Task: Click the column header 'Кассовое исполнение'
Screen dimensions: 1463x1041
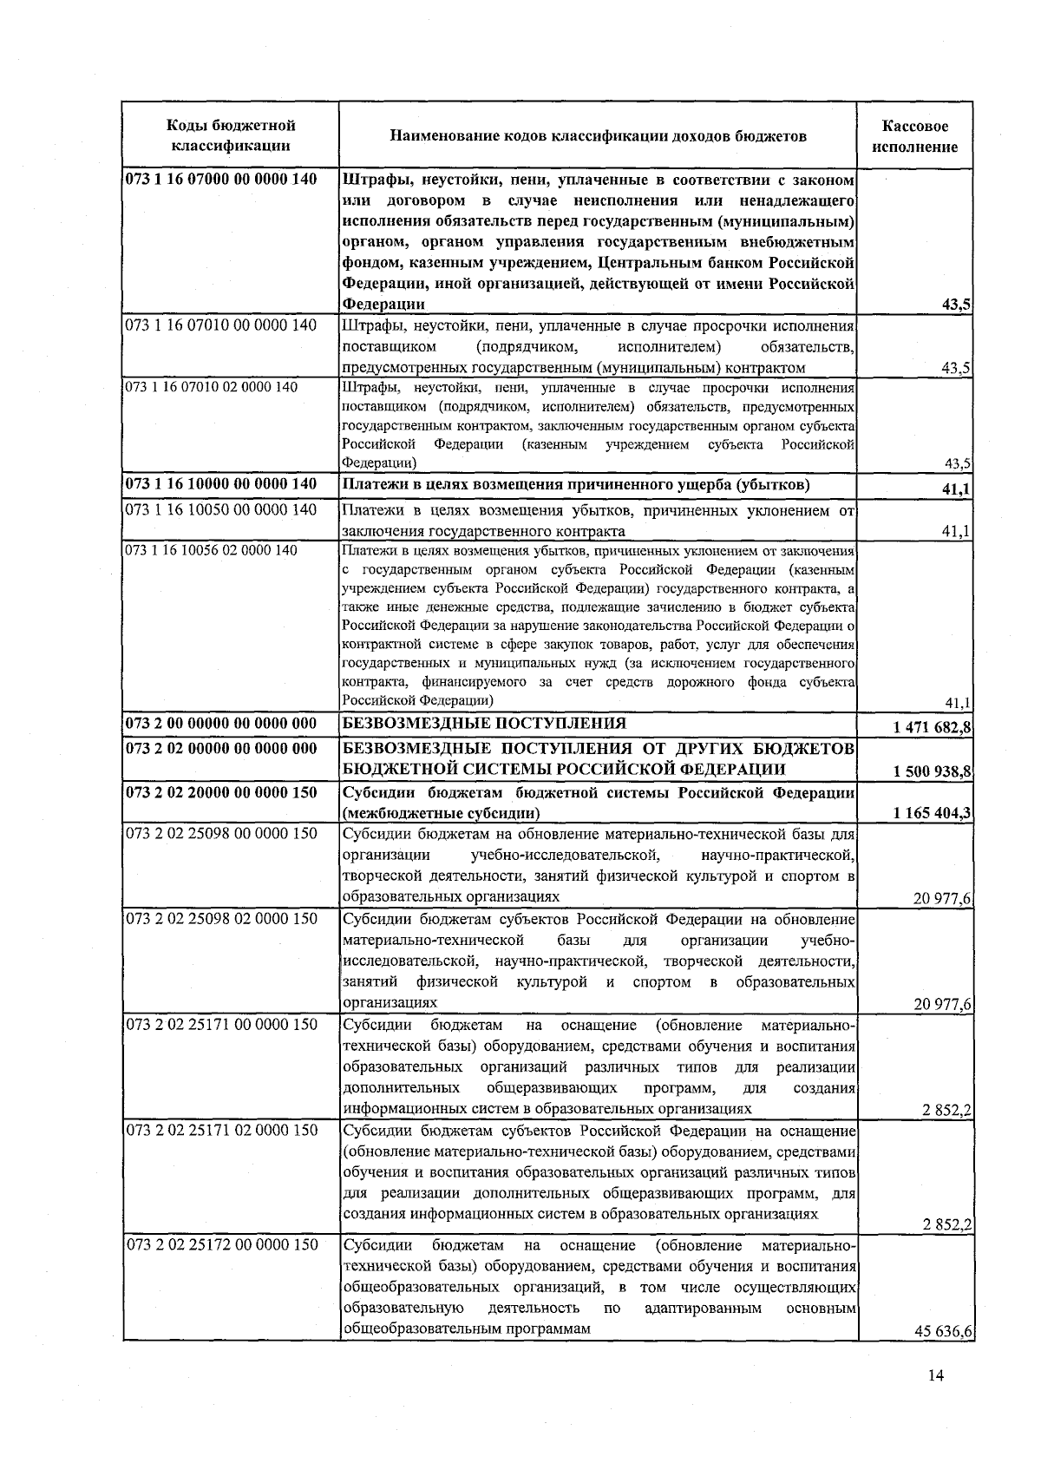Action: pos(915,136)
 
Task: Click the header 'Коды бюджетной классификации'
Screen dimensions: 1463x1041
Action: pos(230,136)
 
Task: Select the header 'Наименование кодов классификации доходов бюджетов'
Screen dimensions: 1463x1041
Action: pos(598,136)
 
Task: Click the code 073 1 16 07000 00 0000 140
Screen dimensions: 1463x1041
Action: pos(222,180)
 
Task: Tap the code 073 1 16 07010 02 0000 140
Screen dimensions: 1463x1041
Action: pos(212,387)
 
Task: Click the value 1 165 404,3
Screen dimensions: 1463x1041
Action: pos(926,813)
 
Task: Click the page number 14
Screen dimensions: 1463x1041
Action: pos(934,1398)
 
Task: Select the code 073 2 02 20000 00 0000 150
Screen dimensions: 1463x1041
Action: pos(222,792)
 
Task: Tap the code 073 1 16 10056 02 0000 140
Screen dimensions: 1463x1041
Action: pos(212,550)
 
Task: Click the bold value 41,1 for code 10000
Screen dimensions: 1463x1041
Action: pos(955,489)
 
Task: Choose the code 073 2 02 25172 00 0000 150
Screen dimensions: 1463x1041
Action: pos(222,1244)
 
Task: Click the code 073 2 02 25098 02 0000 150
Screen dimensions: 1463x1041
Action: pos(222,918)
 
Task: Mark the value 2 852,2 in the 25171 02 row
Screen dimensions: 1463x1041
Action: pos(947,1224)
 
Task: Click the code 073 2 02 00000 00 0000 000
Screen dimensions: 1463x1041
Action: pos(222,748)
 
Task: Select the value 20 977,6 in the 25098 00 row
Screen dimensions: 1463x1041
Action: pos(942,899)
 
